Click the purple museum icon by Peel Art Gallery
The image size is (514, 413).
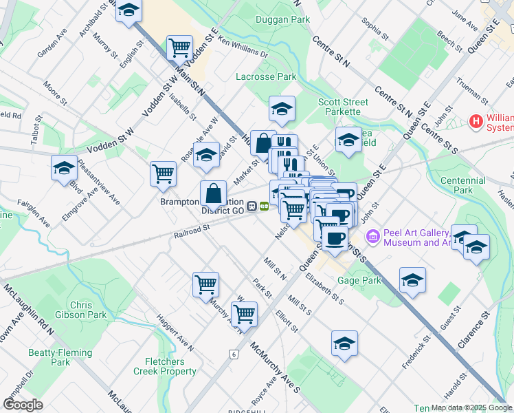pos(373,237)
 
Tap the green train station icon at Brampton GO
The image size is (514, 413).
pos(264,206)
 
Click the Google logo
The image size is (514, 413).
pos(23,404)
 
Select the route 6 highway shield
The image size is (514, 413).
pos(234,354)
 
